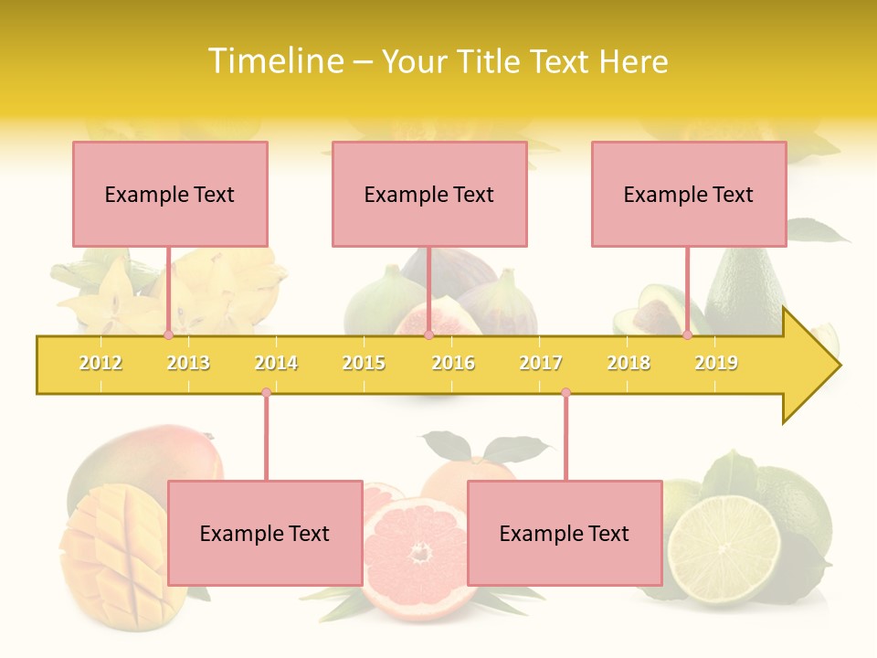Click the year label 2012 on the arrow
[x=100, y=363]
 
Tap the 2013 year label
[x=188, y=363]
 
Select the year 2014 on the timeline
[x=276, y=363]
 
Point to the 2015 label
[x=364, y=363]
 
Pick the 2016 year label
[x=453, y=363]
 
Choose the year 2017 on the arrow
[x=541, y=363]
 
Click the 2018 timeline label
[x=629, y=363]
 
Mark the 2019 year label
[x=716, y=363]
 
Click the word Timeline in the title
[x=274, y=61]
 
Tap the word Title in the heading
[x=489, y=61]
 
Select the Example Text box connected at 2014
[x=265, y=533]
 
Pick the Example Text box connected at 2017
[x=565, y=533]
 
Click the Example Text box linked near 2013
[x=170, y=194]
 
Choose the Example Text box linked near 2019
[x=689, y=194]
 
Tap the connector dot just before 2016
[x=428, y=334]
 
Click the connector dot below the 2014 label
[x=266, y=392]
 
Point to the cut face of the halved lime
[x=723, y=548]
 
